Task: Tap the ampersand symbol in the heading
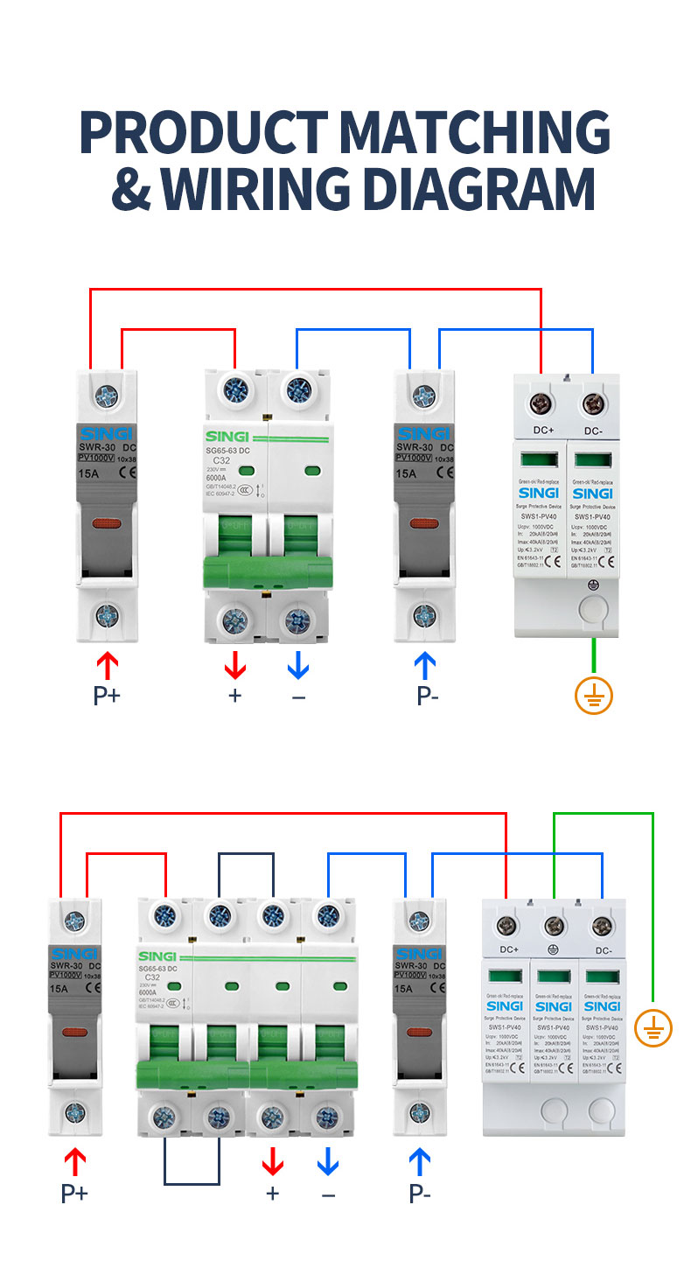(131, 187)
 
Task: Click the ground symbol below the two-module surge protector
(594, 696)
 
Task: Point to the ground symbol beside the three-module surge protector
(653, 1027)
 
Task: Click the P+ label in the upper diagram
(107, 696)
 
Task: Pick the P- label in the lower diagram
(420, 1193)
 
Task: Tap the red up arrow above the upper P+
(107, 667)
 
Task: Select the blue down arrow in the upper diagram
(298, 667)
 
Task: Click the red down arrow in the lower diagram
(273, 1162)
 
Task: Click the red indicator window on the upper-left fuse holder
(107, 525)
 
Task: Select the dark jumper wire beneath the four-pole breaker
(192, 1183)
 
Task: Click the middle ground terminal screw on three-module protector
(553, 926)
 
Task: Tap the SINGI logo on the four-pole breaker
(157, 956)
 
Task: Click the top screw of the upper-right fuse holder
(426, 396)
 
